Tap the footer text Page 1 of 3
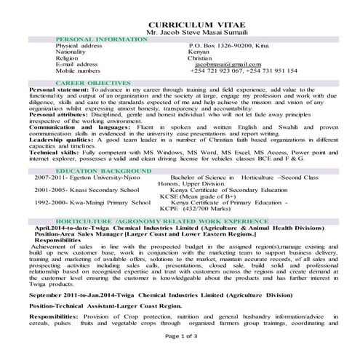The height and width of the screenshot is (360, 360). click(180, 355)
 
